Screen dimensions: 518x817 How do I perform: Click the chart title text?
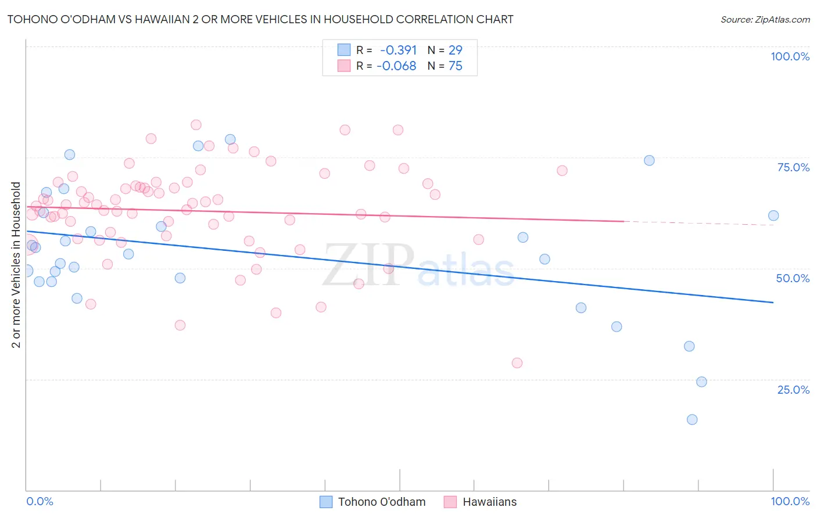(x=260, y=19)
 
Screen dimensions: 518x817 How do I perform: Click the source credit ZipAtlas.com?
(x=765, y=19)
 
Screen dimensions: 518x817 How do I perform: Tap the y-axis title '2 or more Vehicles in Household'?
(x=16, y=265)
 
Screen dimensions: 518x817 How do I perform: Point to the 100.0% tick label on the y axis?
(x=790, y=56)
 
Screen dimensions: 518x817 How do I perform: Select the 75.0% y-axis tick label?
(x=793, y=167)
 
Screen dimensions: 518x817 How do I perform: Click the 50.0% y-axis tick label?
(x=793, y=278)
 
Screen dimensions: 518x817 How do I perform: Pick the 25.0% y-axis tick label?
(x=793, y=390)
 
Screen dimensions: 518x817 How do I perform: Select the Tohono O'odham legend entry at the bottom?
(x=373, y=502)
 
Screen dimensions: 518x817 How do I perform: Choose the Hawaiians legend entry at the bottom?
(x=481, y=502)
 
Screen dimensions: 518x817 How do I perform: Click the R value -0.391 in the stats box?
(x=398, y=50)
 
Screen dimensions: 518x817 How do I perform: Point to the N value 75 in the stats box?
(x=456, y=66)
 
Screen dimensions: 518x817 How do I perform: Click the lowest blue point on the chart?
(x=692, y=419)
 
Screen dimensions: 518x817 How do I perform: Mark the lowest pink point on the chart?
(x=517, y=363)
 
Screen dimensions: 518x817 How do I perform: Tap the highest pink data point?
(x=196, y=125)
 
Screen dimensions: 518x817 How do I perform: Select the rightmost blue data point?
(x=773, y=215)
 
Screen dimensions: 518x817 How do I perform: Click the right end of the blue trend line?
(x=773, y=303)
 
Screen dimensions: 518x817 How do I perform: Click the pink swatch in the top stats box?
(x=344, y=66)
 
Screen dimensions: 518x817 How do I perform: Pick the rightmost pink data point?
(x=562, y=171)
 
